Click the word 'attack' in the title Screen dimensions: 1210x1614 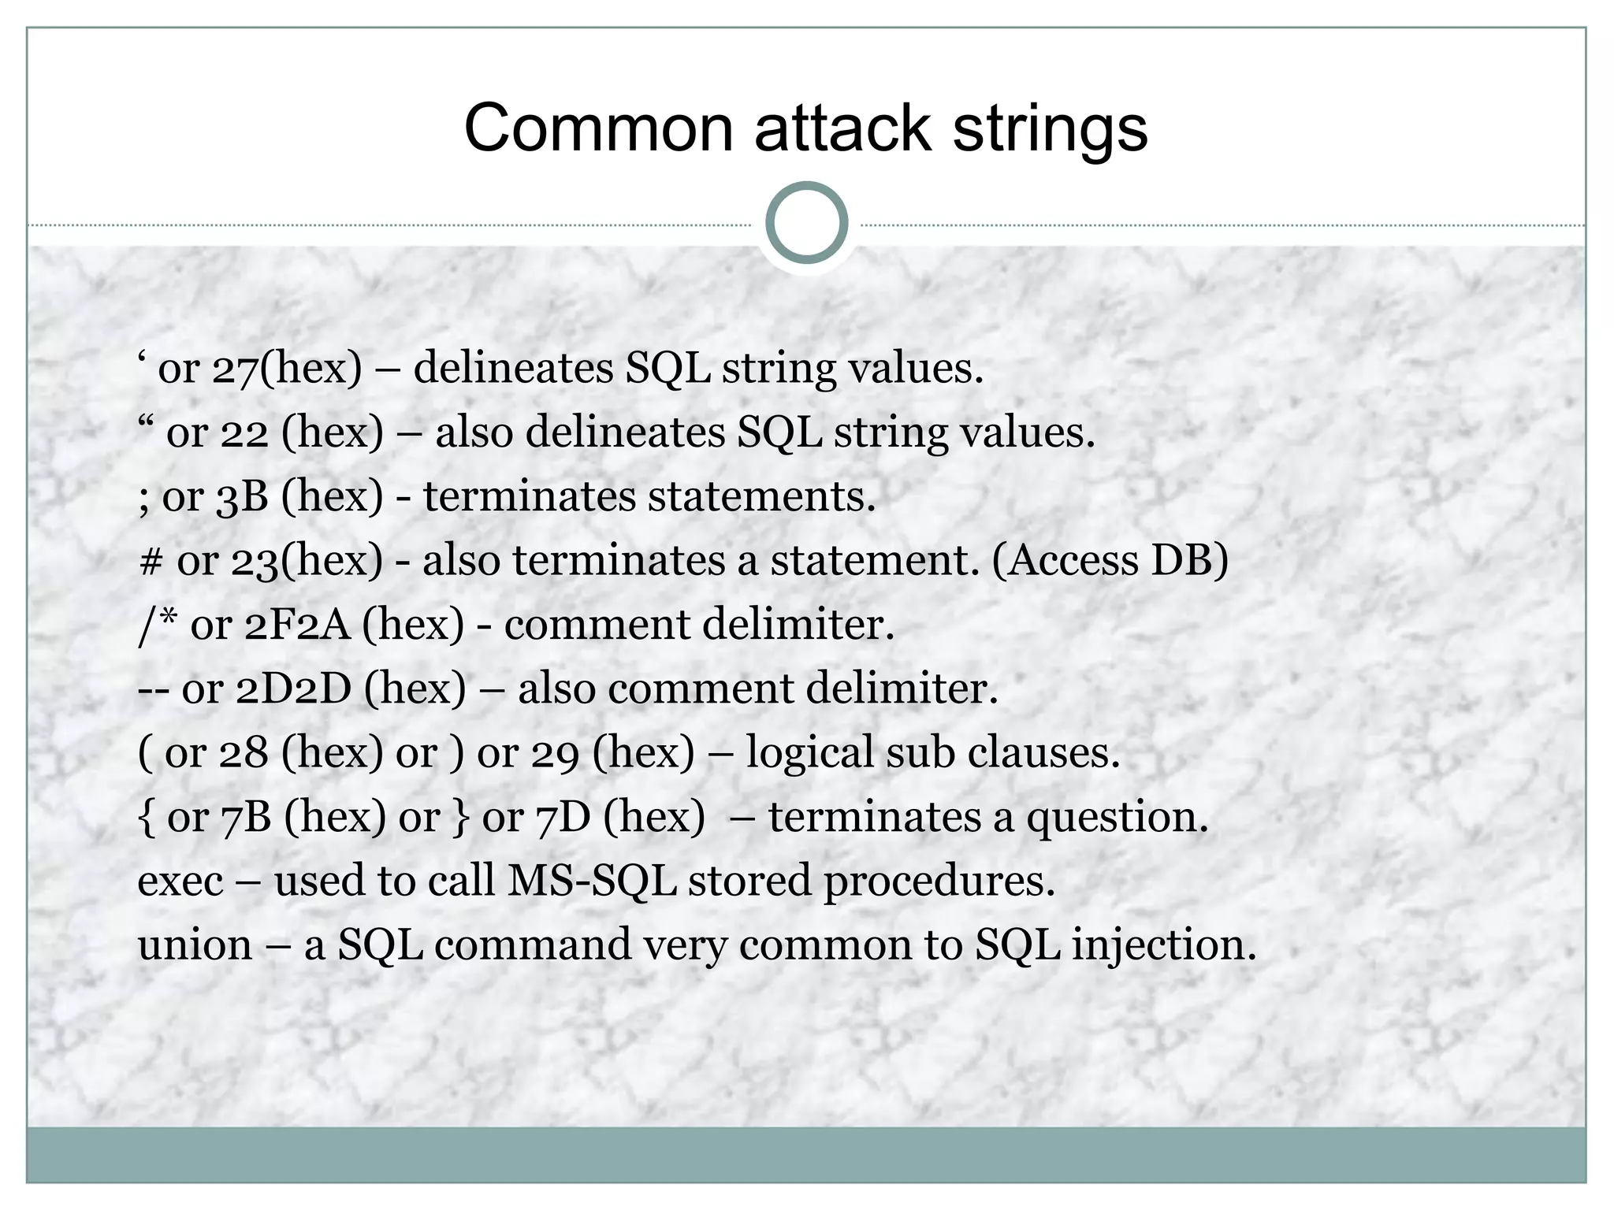coord(842,128)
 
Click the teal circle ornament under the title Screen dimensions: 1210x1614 coord(806,223)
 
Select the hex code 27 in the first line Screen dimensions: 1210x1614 coord(234,369)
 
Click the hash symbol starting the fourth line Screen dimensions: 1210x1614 coord(150,562)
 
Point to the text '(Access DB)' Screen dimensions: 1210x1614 coord(1110,562)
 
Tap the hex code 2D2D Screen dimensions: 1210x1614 coord(293,689)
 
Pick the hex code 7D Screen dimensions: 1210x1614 coord(563,818)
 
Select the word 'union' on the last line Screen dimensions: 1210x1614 coord(195,945)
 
